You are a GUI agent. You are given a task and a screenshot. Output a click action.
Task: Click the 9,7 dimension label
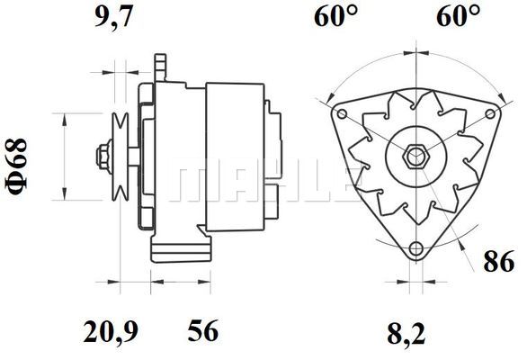point(113,17)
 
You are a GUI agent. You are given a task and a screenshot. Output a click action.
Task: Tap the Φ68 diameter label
point(16,166)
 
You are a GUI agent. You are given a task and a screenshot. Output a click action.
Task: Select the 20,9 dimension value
point(111,331)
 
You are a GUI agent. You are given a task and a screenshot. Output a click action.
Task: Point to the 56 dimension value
point(203,330)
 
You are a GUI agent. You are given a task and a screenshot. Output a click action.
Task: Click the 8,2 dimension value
point(406,334)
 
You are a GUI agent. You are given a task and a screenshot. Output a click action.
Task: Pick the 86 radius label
point(499,261)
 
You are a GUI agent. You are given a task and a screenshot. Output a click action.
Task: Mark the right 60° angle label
point(459,15)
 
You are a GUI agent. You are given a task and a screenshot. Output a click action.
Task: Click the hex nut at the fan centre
point(416,157)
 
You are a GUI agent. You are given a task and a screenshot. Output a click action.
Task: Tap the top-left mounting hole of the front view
point(342,113)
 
